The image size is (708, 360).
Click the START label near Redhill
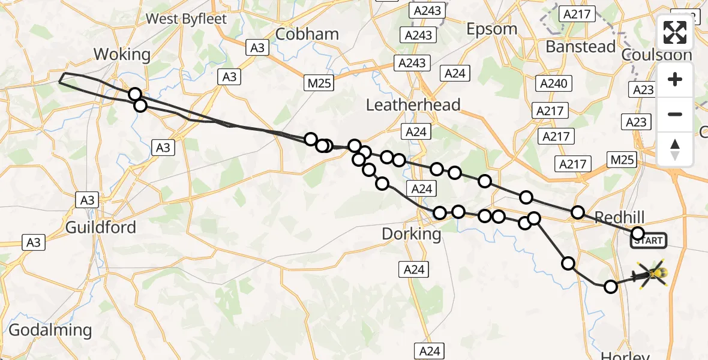648,241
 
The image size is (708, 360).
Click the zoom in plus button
675,79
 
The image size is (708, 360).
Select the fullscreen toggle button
675,32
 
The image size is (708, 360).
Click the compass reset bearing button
675,149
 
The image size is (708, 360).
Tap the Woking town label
122,55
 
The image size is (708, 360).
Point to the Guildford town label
101,227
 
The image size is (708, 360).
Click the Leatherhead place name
413,105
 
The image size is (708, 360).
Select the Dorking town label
412,233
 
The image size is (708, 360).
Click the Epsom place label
492,29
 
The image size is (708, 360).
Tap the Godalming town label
50,330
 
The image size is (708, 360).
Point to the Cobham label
307,34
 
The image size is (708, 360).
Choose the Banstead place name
580,47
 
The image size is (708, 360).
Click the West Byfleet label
187,19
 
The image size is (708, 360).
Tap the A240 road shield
553,84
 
